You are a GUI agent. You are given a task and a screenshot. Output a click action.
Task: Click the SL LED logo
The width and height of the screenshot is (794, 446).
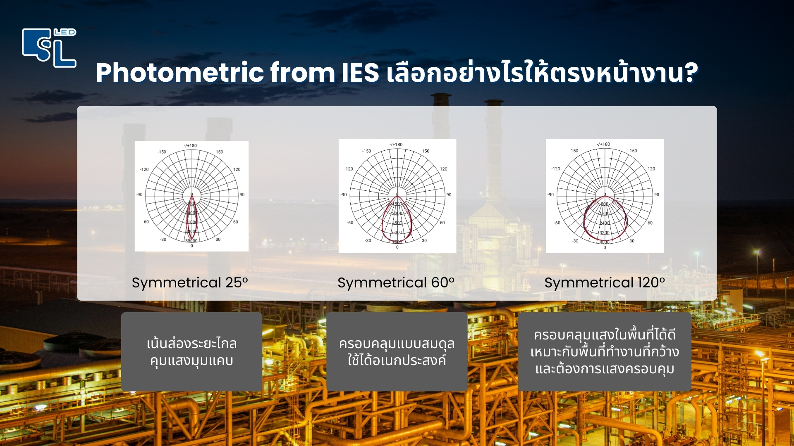tap(49, 47)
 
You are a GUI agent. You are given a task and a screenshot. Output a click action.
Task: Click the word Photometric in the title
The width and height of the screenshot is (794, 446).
tap(179, 73)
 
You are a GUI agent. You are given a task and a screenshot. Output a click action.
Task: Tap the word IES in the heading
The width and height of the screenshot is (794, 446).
tap(360, 73)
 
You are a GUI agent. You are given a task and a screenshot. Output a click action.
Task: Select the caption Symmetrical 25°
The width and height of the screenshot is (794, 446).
tap(190, 282)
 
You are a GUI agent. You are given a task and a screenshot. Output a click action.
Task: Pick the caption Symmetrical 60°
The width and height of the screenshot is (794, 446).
tap(396, 282)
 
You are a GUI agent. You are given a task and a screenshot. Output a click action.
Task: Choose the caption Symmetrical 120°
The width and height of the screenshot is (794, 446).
tap(605, 282)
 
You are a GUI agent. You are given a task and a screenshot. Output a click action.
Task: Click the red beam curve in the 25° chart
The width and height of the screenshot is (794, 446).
tap(188, 219)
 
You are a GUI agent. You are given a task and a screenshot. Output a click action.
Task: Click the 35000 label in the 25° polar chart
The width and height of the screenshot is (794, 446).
tap(191, 240)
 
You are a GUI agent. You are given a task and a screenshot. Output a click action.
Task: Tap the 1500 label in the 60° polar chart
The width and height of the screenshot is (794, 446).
tap(397, 204)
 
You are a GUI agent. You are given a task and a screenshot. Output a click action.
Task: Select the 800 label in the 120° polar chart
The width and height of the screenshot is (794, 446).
tap(605, 204)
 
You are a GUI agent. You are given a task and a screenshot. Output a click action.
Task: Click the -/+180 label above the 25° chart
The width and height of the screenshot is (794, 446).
tap(191, 145)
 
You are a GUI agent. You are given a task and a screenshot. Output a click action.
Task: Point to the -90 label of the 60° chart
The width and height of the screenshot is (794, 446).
tap(344, 195)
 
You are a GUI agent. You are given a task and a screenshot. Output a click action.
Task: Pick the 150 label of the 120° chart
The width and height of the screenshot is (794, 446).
tap(633, 151)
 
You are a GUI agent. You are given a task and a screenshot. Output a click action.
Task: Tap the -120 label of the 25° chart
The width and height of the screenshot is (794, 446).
tap(144, 169)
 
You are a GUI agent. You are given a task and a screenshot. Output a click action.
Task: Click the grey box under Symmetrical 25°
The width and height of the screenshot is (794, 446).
tap(191, 352)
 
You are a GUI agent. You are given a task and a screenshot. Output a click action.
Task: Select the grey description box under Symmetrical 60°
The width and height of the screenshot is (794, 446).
tap(397, 352)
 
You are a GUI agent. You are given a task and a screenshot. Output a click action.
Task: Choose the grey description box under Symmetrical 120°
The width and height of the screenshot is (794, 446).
tap(605, 352)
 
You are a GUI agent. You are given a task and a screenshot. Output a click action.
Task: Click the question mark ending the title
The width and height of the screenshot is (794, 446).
tap(690, 73)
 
